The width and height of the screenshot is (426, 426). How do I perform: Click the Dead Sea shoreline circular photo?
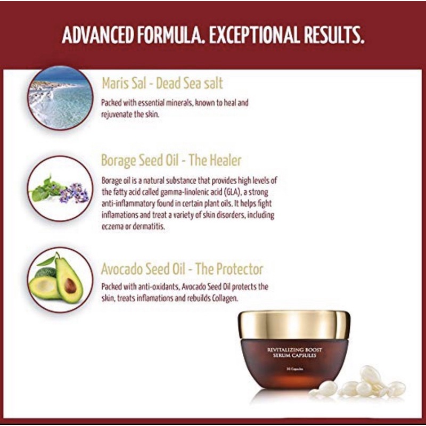point(60,97)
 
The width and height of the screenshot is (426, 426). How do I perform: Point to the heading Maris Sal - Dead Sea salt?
point(162,84)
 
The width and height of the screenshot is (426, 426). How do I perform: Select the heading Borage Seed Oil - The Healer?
point(171,160)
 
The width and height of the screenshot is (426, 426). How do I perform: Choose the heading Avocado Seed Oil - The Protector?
point(182,269)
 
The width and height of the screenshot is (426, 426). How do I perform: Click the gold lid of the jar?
point(294,325)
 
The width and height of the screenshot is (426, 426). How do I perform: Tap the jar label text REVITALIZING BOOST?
point(294,349)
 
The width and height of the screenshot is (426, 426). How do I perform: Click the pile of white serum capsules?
point(367,384)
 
